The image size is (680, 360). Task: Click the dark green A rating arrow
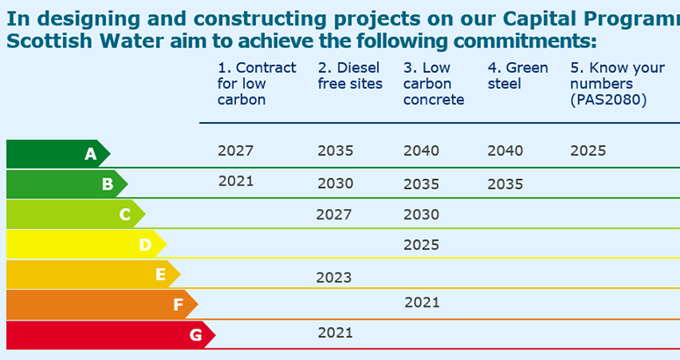pos(57,154)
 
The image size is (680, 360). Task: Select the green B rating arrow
pos(66,184)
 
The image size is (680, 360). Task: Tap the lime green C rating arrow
pos(75,214)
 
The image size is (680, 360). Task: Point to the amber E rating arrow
pos(92,275)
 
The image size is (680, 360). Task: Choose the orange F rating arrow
pos(101,305)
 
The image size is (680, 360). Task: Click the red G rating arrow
pos(110,335)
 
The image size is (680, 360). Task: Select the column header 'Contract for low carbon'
pos(256,83)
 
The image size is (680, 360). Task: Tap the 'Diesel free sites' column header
pos(350,76)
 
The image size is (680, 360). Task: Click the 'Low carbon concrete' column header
pos(433,83)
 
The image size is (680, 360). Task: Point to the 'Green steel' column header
pos(518,76)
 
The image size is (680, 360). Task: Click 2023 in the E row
pos(333,277)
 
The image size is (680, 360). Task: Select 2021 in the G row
pos(334,332)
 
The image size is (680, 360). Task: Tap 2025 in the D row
pos(421,245)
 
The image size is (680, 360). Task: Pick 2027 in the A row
pos(235,151)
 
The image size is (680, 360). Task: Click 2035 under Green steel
pos(505,184)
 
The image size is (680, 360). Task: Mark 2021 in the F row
pos(422,302)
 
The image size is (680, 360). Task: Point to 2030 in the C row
pos(421,214)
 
